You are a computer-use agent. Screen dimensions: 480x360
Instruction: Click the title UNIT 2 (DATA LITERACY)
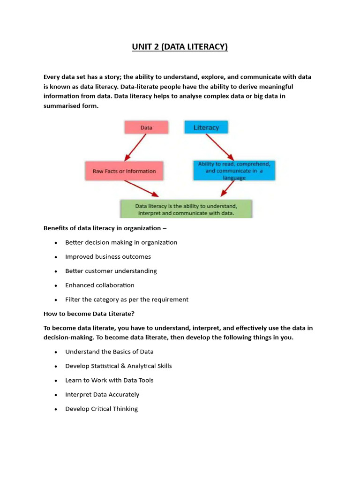pyautogui.click(x=180, y=47)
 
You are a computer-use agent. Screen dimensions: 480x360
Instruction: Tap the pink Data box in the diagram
pyautogui.click(x=145, y=127)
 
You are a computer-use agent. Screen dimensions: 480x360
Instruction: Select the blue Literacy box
pyautogui.click(x=206, y=127)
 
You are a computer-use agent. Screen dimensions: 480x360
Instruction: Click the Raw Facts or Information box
pyautogui.click(x=124, y=171)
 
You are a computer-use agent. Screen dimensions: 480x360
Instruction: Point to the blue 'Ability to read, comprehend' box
pyautogui.click(x=234, y=171)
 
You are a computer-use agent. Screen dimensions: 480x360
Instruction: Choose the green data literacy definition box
pyautogui.click(x=186, y=209)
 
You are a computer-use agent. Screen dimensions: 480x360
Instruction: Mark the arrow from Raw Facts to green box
pyautogui.click(x=141, y=188)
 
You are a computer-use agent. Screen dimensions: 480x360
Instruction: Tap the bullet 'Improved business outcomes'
pyautogui.click(x=108, y=257)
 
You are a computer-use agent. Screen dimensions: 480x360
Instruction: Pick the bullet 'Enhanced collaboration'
pyautogui.click(x=100, y=285)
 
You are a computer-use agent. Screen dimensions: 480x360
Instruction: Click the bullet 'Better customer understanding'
pyautogui.click(x=111, y=271)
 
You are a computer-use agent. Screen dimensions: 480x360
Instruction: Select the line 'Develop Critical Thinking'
pyautogui.click(x=101, y=409)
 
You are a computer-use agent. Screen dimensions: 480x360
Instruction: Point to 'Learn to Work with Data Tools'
pyautogui.click(x=109, y=380)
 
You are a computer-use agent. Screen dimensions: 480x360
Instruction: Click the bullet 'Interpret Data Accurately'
pyautogui.click(x=102, y=395)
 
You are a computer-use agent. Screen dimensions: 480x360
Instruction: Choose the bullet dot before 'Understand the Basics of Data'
pyautogui.click(x=56, y=352)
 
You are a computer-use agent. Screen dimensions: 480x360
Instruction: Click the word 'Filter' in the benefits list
pyautogui.click(x=73, y=300)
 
